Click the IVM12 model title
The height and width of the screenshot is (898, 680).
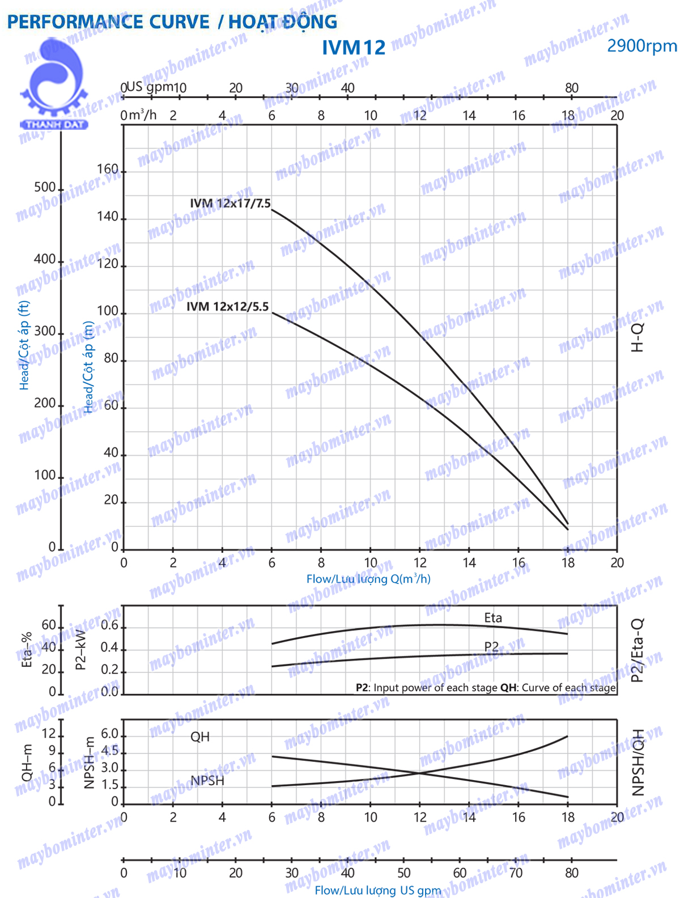point(354,48)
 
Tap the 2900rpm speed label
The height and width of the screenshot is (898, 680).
point(641,46)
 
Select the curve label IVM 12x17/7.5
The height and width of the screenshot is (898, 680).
point(230,203)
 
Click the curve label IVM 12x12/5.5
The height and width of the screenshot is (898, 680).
point(228,307)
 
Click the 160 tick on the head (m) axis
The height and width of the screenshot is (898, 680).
point(108,170)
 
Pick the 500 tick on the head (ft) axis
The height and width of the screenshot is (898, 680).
point(45,187)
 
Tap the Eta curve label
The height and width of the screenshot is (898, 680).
point(493,618)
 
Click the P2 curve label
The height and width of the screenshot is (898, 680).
point(491,647)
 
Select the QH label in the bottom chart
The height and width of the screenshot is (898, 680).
point(200,736)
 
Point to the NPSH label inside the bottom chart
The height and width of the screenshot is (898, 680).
point(207,781)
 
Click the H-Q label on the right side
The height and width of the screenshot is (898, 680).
point(637,338)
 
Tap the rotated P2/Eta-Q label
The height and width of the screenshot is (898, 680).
point(637,650)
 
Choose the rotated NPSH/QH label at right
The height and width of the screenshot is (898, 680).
point(639,762)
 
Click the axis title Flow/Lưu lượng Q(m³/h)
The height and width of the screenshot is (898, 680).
point(368,579)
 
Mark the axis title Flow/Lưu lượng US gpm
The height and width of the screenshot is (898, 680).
point(377,891)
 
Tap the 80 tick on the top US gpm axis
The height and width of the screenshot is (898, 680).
point(572,88)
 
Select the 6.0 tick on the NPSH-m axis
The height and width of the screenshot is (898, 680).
point(109,734)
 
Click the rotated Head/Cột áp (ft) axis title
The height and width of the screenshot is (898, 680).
point(24,346)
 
